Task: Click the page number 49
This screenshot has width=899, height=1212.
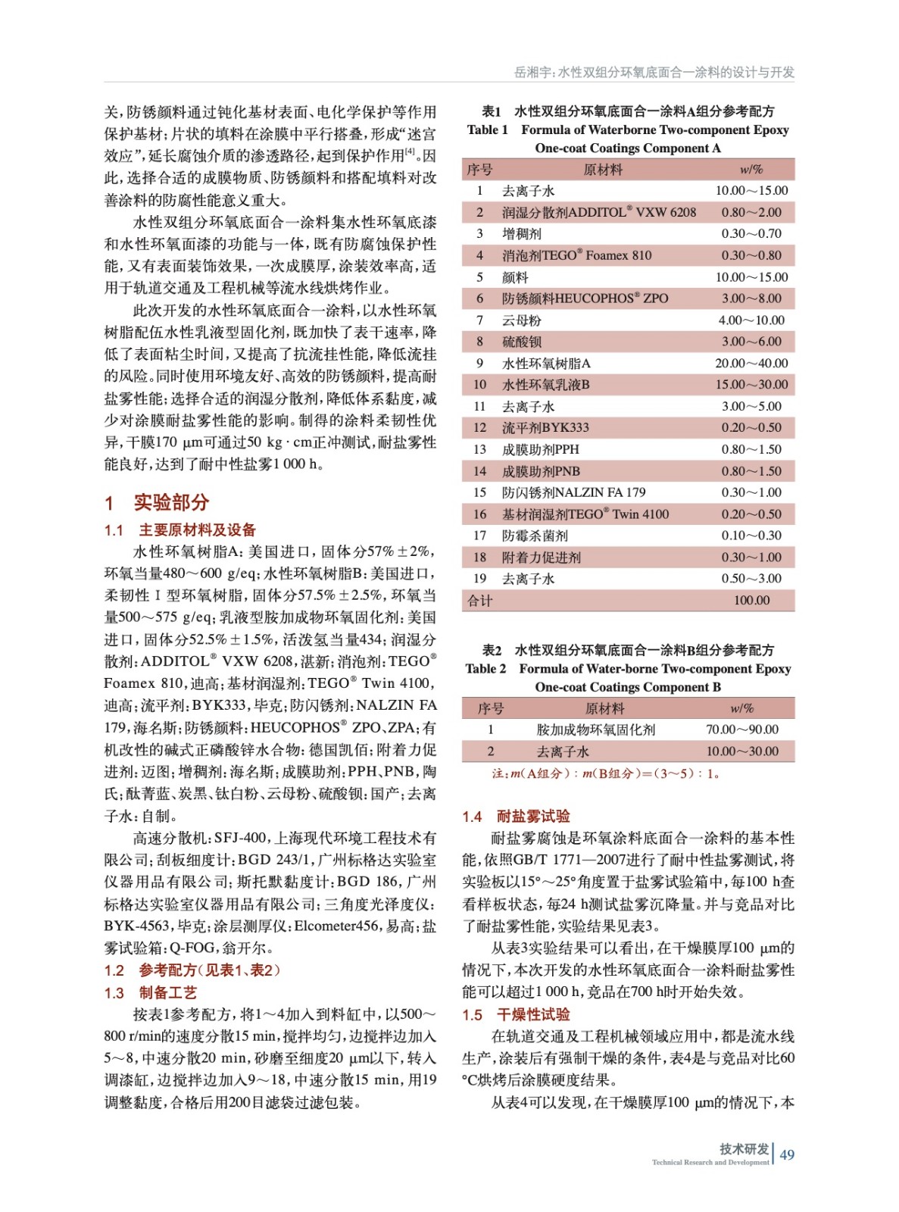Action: pyautogui.click(x=787, y=1154)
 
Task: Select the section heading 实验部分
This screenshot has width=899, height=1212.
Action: pyautogui.click(x=170, y=502)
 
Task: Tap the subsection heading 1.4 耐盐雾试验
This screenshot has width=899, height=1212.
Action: pyautogui.click(x=516, y=816)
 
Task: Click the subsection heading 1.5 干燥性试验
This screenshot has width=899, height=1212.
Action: pyautogui.click(x=516, y=1014)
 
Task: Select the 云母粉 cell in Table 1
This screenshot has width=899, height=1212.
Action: pyautogui.click(x=522, y=320)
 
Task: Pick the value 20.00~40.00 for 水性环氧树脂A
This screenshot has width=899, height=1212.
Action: pyautogui.click(x=751, y=363)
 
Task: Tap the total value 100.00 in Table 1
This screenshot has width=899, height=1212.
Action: pyautogui.click(x=751, y=600)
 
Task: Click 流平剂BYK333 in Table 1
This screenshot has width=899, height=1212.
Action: pyautogui.click(x=545, y=427)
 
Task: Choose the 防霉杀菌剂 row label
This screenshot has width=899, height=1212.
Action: pyautogui.click(x=535, y=536)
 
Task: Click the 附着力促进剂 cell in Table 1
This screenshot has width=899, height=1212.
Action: pyautogui.click(x=541, y=557)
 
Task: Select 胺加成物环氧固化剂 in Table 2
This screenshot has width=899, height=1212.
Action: pyautogui.click(x=596, y=729)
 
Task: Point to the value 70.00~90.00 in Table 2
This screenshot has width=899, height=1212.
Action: pyautogui.click(x=742, y=729)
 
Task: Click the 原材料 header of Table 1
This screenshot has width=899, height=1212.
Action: pyautogui.click(x=603, y=170)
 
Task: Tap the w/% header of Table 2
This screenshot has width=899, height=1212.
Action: pyautogui.click(x=742, y=708)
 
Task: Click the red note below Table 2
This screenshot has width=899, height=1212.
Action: pyautogui.click(x=606, y=773)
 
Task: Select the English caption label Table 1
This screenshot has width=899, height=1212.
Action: pyautogui.click(x=488, y=130)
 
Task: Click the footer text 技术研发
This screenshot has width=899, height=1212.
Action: pyautogui.click(x=744, y=1148)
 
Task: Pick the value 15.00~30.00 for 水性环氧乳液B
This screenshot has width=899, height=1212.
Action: pyautogui.click(x=751, y=384)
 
